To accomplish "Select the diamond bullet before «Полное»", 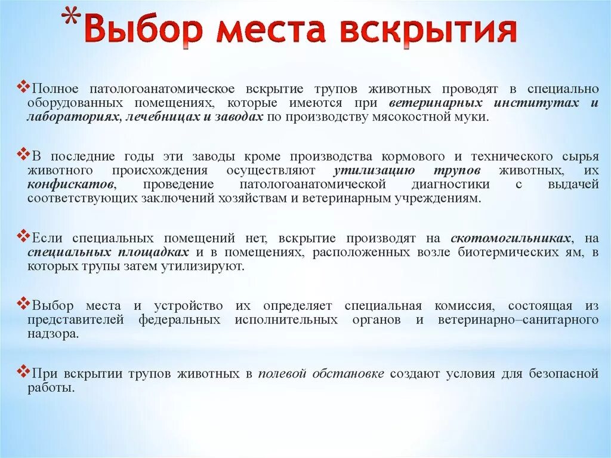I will [24, 87].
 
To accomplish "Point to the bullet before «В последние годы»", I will [24, 155].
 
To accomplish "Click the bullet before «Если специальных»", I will [24, 236].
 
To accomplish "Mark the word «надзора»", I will [52, 334].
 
